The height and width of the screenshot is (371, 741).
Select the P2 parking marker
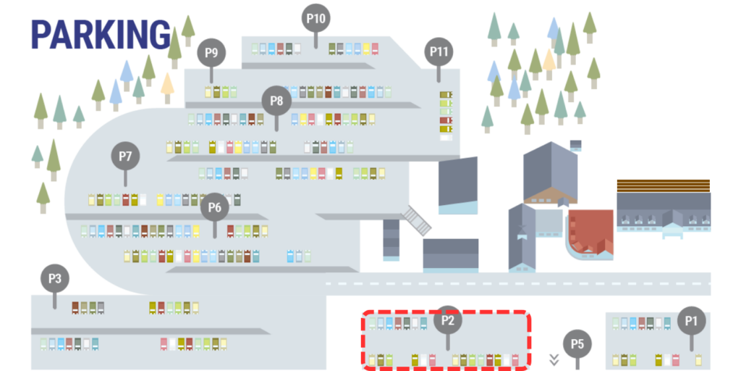coord(447,320)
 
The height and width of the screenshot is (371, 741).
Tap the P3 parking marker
coord(54,278)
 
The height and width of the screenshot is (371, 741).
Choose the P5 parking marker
coord(577,343)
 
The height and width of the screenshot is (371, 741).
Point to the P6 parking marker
coord(214,207)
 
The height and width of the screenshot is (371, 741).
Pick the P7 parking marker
coord(125,156)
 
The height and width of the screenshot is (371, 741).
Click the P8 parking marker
coord(276,101)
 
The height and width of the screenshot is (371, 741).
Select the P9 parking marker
coord(211,53)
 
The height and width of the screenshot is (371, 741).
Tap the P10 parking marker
coord(316,18)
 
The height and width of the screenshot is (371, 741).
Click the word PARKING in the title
coord(101,35)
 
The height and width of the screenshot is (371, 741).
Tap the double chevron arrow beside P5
coord(554,359)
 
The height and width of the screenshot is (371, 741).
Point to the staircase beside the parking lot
coord(417,220)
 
